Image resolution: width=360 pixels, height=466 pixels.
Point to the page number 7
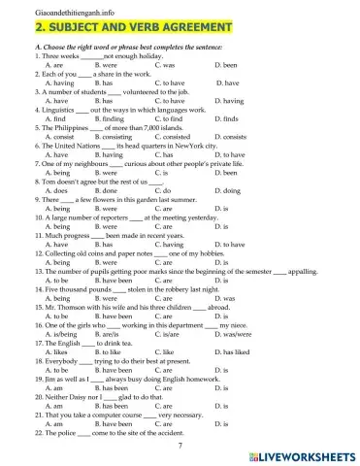click(x=180, y=442)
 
